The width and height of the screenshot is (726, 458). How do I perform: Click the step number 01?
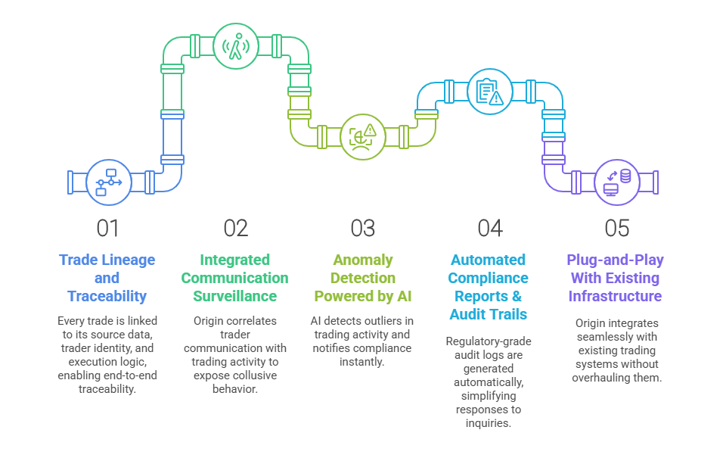pos(107,228)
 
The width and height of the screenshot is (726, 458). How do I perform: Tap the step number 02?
pos(236,228)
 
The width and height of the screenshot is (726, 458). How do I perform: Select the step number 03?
pos(362,228)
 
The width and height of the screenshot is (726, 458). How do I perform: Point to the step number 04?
pos(490,228)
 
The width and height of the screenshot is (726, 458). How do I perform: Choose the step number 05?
pos(617,228)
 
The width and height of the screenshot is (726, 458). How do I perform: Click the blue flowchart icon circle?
pos(109,182)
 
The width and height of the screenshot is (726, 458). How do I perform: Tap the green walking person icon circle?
pos(236,46)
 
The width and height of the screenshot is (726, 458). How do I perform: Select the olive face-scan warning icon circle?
pos(362,137)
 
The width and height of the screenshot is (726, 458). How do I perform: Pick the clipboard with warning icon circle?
pos(490,92)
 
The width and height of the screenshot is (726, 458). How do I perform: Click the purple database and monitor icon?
pos(617,182)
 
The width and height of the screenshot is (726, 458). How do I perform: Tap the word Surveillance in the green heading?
pos(234,296)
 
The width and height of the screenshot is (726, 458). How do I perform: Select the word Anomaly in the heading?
pos(363,260)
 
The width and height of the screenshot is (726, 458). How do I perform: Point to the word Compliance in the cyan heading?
pos(488,278)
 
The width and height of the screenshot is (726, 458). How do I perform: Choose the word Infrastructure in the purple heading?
pos(615,296)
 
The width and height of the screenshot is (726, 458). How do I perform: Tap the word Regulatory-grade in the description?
pos(489,341)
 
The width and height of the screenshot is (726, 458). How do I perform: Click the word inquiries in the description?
pos(489,423)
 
